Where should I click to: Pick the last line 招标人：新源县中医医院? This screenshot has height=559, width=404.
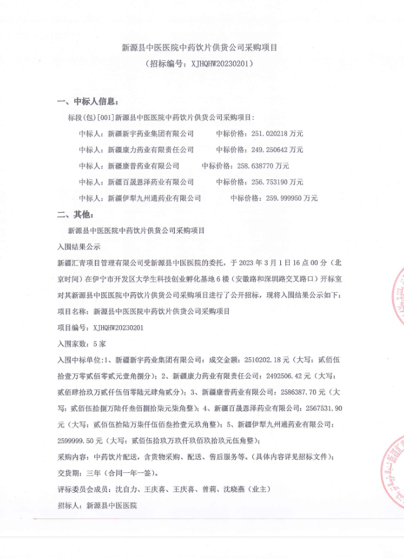coord(97,505)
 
